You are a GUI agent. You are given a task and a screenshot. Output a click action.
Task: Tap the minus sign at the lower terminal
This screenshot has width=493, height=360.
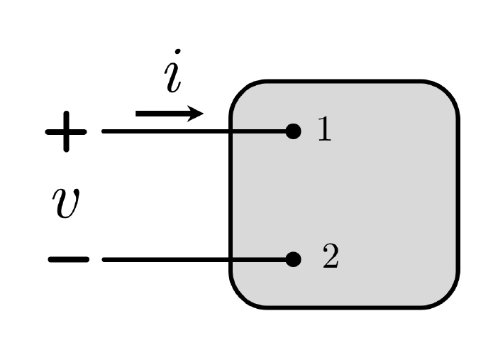(68, 260)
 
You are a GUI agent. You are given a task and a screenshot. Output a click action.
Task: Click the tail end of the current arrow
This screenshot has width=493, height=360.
(138, 114)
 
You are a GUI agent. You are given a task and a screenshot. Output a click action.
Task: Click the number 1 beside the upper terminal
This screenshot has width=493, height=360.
(323, 130)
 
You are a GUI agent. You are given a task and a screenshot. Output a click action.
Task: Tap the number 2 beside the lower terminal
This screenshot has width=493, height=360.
(330, 258)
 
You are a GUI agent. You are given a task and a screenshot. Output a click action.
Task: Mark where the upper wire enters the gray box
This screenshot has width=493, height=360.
(231, 131)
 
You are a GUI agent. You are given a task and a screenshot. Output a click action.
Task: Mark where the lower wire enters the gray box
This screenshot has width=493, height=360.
(231, 260)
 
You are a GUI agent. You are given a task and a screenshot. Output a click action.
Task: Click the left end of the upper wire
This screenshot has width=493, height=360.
(104, 131)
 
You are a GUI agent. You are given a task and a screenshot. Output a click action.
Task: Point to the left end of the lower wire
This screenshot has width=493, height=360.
(104, 260)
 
